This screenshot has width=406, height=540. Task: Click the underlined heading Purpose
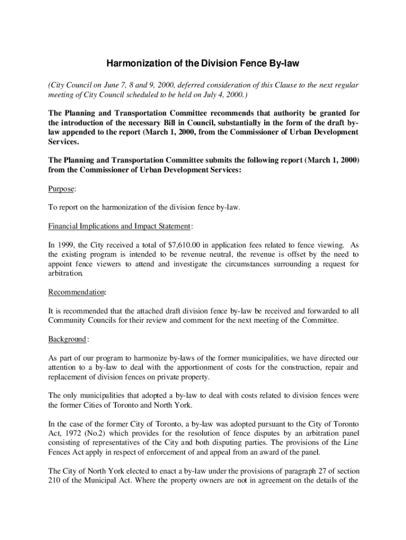pos(62,189)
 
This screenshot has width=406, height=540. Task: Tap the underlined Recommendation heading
pos(76,292)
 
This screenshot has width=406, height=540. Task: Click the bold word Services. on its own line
pos(63,142)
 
